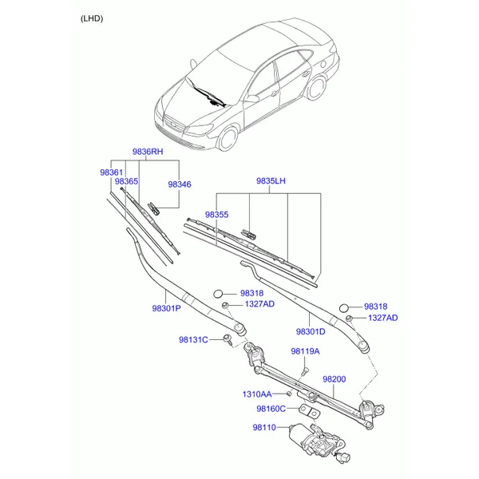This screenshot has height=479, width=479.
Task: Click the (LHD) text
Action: click(92, 18)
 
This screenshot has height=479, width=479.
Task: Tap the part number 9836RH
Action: click(148, 152)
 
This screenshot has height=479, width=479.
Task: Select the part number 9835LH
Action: click(271, 181)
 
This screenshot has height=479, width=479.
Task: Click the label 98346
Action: click(180, 184)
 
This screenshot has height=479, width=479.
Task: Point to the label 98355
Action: click(216, 215)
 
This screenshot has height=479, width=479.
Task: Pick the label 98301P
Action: click(167, 308)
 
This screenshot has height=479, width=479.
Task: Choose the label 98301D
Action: click(311, 331)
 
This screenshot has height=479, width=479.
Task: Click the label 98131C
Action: click(193, 340)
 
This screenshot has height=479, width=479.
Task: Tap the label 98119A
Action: click(305, 351)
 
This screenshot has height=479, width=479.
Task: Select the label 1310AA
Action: click(257, 394)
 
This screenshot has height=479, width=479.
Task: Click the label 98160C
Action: click(271, 409)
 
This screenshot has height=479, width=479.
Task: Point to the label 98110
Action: click(264, 427)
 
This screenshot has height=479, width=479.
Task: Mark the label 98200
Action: click(335, 379)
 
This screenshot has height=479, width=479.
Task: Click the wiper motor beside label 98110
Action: click(318, 441)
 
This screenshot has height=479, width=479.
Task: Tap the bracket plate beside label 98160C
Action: click(310, 411)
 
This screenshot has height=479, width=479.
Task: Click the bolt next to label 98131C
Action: click(228, 340)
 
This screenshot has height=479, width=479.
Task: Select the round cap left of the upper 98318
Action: click(218, 294)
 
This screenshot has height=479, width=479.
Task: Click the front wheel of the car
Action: click(228, 138)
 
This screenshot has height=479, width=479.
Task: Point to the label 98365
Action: click(126, 181)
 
